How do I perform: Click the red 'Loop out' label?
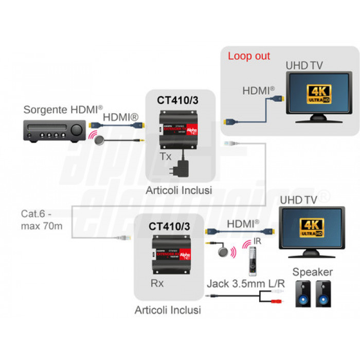click(x=248, y=56)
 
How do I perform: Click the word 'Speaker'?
click(x=313, y=272)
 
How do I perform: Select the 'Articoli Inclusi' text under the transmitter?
click(x=178, y=190)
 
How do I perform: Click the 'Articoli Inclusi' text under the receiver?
click(x=168, y=310)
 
